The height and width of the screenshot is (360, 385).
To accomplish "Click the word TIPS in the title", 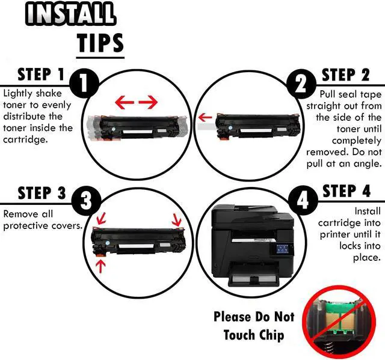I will [100, 43].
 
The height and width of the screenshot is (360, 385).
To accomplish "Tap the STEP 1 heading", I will [42, 75].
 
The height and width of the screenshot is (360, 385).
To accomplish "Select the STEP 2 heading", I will [345, 75].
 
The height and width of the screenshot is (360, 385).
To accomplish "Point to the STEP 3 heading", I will [42, 194].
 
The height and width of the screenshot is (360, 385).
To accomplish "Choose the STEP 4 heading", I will [345, 192].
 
